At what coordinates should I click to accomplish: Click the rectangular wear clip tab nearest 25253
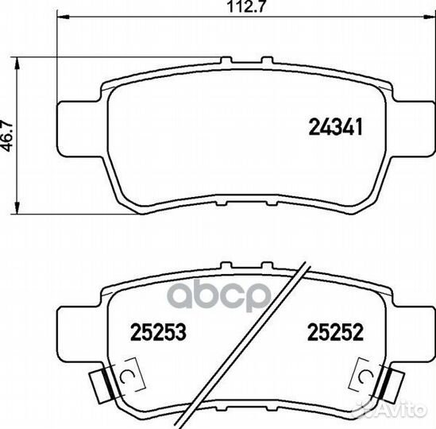coord(99,385)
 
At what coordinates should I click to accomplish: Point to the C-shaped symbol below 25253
coord(128,374)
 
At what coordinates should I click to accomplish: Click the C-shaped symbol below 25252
coord(365,374)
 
